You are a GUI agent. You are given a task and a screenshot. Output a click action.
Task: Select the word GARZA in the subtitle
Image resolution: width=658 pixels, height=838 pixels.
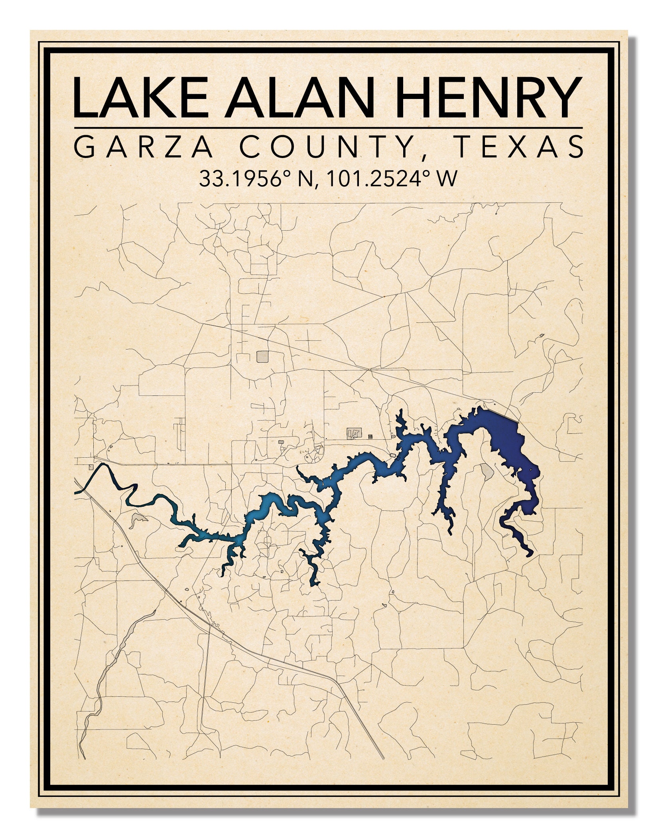click(x=144, y=147)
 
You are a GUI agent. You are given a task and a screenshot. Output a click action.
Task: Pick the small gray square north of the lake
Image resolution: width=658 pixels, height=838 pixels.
click(x=263, y=356)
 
